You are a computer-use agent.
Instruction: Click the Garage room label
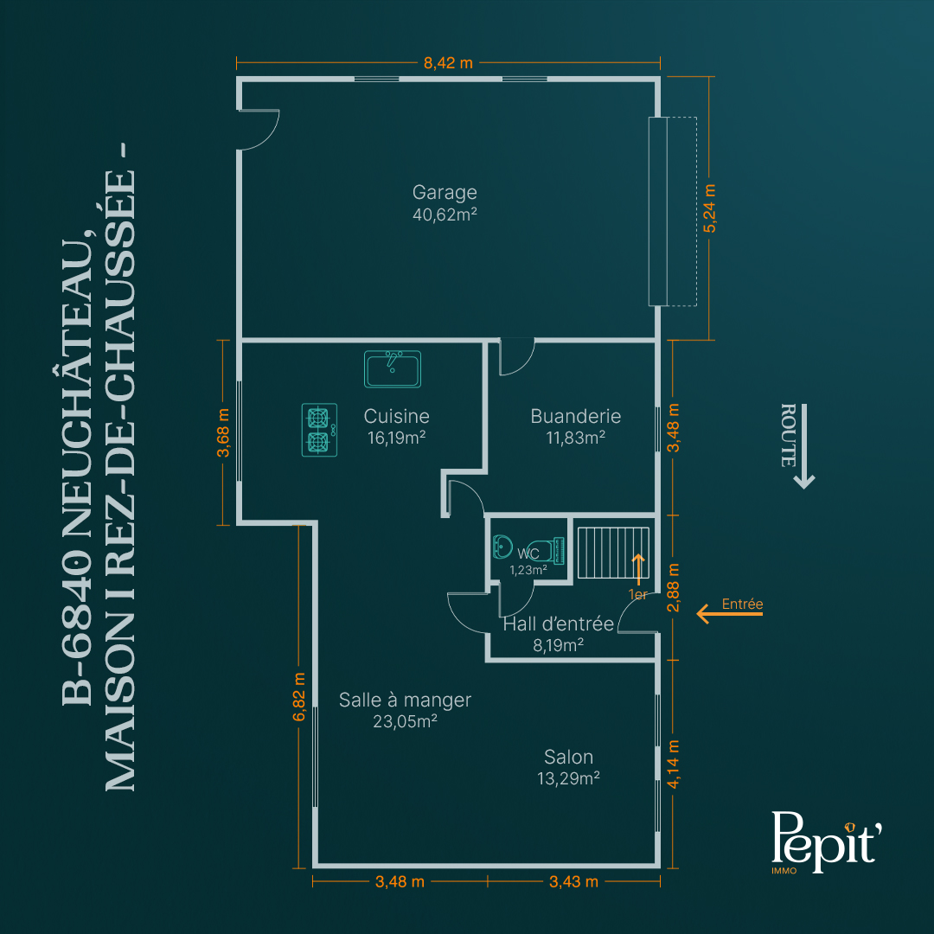[x=445, y=192]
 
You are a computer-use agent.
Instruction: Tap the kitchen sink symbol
[x=393, y=369]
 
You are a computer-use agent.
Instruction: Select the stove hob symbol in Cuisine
[x=319, y=430]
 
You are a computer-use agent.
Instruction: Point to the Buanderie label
[x=575, y=416]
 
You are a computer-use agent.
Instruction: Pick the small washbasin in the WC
[x=502, y=547]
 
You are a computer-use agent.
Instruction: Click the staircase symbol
[x=613, y=552]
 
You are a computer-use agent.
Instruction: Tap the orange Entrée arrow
[x=729, y=613]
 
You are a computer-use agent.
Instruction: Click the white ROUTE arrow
[x=804, y=446]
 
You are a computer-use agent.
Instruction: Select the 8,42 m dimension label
[x=448, y=62]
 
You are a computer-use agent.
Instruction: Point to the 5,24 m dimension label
[x=709, y=208]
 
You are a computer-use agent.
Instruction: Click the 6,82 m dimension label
[x=299, y=696]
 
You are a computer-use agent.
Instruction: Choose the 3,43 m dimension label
[x=573, y=881]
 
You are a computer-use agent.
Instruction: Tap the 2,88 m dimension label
[x=673, y=587]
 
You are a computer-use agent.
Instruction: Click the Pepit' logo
[x=826, y=841]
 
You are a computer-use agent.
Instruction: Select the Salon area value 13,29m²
[x=568, y=778]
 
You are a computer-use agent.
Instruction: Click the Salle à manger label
[x=405, y=700]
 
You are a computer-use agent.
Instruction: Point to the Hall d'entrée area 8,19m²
[x=558, y=645]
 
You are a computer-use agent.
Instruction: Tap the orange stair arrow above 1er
[x=638, y=569]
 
